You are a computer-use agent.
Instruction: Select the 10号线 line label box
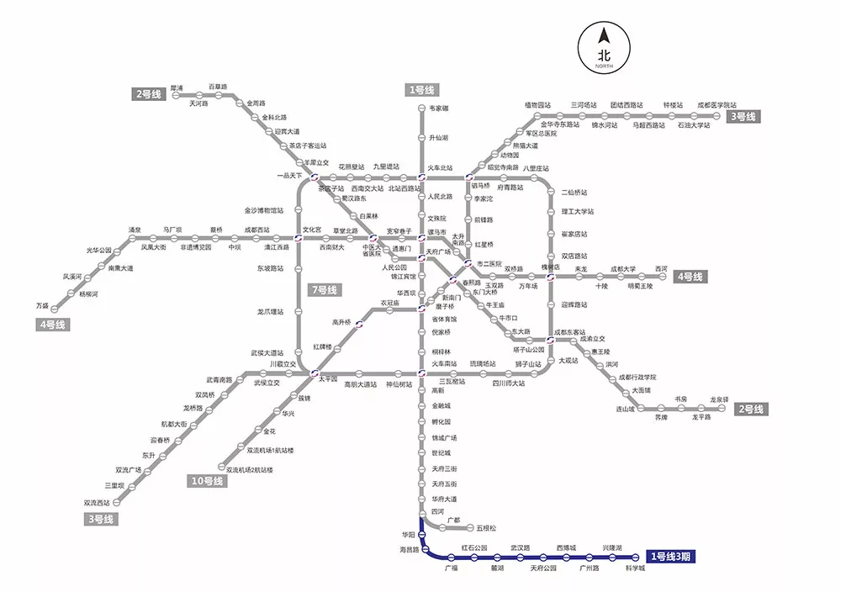pyautogui.click(x=206, y=482)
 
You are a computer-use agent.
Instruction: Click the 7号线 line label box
pyautogui.click(x=323, y=290)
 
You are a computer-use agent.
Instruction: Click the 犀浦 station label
pyautogui.click(x=177, y=87)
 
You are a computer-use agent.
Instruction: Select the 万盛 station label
pyautogui.click(x=42, y=305)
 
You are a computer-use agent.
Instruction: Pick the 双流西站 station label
pyautogui.click(x=98, y=503)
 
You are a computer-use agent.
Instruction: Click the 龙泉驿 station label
pyautogui.click(x=718, y=399)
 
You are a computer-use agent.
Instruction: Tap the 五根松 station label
pyautogui.click(x=486, y=528)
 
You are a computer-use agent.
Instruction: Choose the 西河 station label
pyautogui.click(x=661, y=269)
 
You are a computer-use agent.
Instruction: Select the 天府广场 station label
pyautogui.click(x=438, y=251)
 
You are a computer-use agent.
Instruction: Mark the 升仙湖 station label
pyautogui.click(x=439, y=137)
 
